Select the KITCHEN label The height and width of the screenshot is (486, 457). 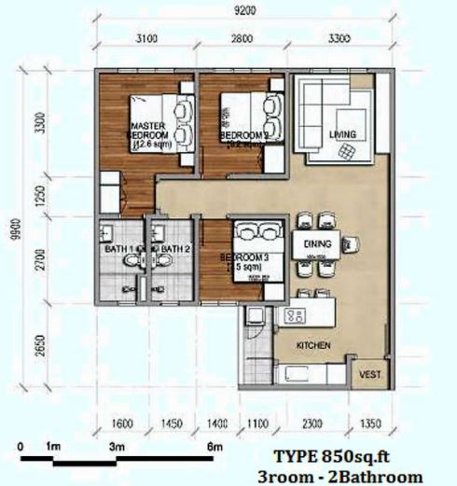(x=314, y=346)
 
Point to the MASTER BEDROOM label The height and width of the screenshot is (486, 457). (x=147, y=130)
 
